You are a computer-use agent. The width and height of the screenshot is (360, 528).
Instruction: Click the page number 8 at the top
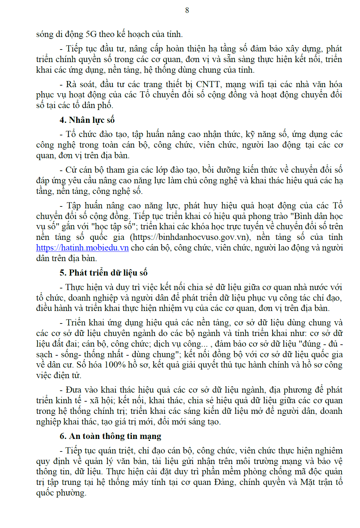coord(187,11)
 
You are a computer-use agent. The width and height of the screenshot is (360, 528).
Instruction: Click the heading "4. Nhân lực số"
coord(87,120)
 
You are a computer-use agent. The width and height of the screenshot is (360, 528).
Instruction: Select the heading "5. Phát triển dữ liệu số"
coord(104,273)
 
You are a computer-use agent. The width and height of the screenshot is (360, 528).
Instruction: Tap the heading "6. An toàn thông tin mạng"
coord(110,436)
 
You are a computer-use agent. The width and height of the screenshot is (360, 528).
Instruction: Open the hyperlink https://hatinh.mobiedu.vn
coord(82,248)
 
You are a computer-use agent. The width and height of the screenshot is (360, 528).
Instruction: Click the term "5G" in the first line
coord(91,34)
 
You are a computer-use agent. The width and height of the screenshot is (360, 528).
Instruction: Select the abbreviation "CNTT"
coord(208,84)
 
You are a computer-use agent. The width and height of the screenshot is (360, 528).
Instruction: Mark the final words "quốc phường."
coord(61,493)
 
